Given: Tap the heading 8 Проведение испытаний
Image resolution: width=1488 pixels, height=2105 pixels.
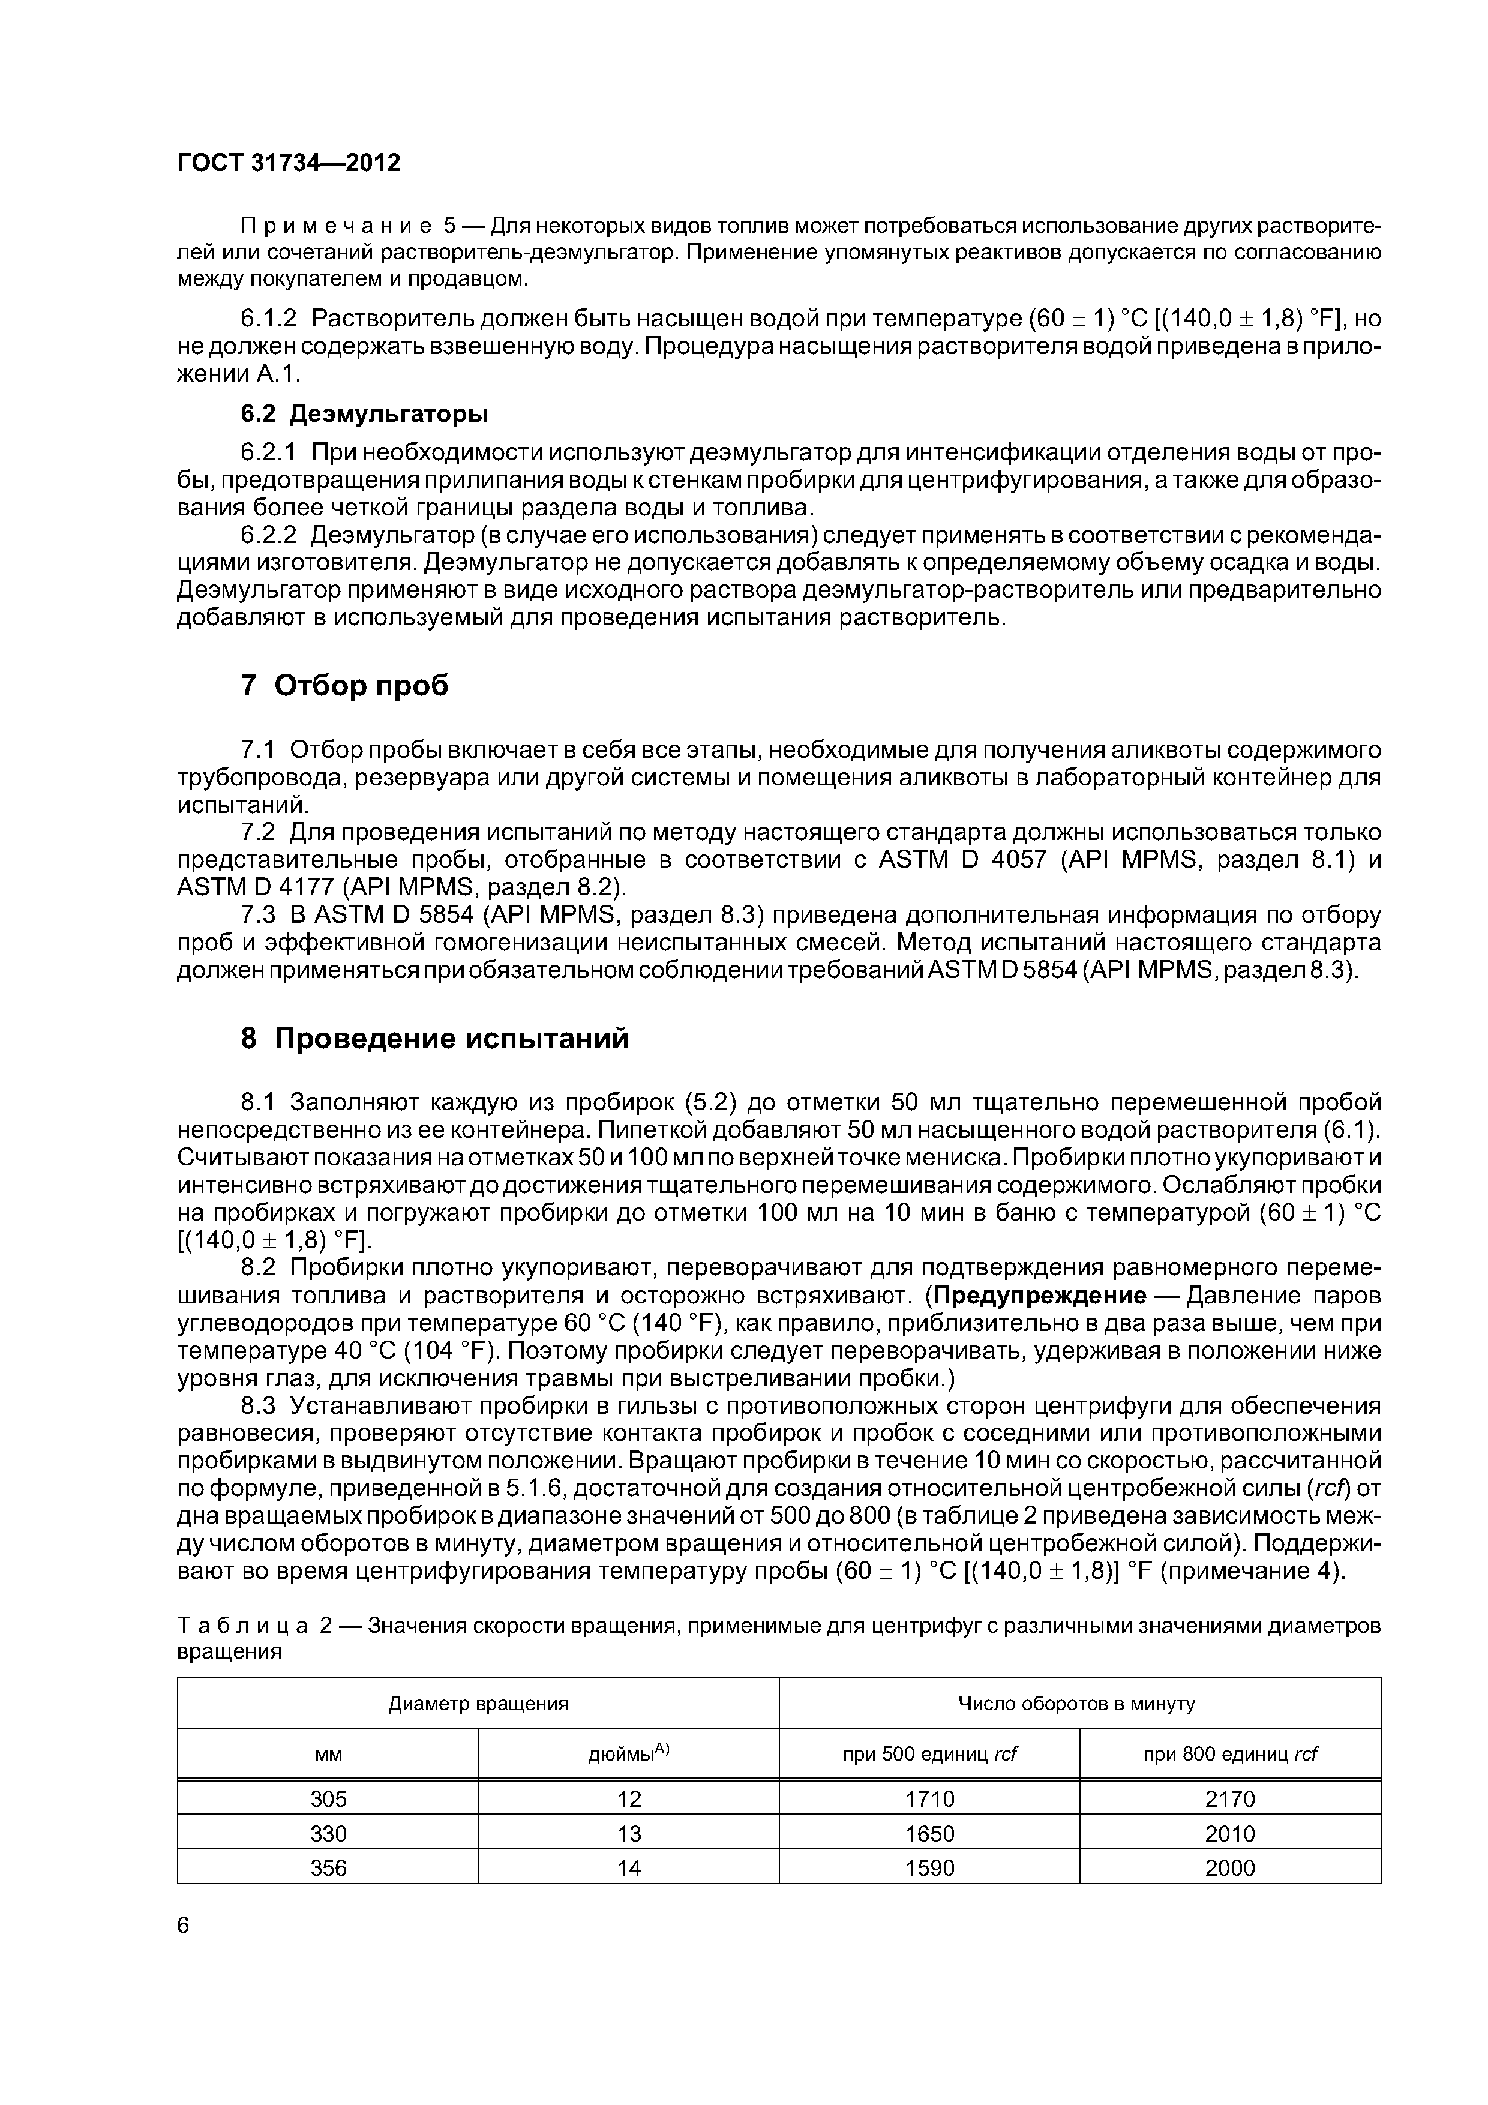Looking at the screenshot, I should pyautogui.click(x=434, y=1038).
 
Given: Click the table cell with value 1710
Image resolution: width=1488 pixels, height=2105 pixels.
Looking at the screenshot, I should pyautogui.click(x=929, y=1799).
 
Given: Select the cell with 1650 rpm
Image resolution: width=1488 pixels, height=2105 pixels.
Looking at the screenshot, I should pyautogui.click(x=929, y=1834).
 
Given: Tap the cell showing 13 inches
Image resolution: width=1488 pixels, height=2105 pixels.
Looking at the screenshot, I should pyautogui.click(x=629, y=1834).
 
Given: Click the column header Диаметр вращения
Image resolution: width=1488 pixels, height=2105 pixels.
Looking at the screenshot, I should pyautogui.click(x=478, y=1704).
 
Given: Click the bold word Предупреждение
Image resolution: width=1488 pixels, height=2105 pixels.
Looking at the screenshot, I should pyautogui.click(x=1040, y=1296).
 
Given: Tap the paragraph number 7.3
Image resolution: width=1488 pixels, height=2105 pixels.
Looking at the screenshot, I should pyautogui.click(x=257, y=915).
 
